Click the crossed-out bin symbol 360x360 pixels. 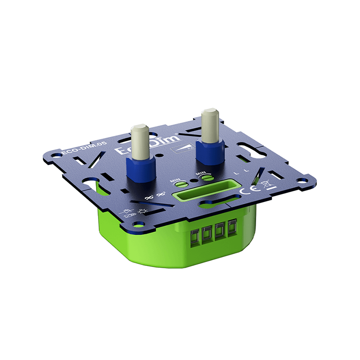(266, 184)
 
